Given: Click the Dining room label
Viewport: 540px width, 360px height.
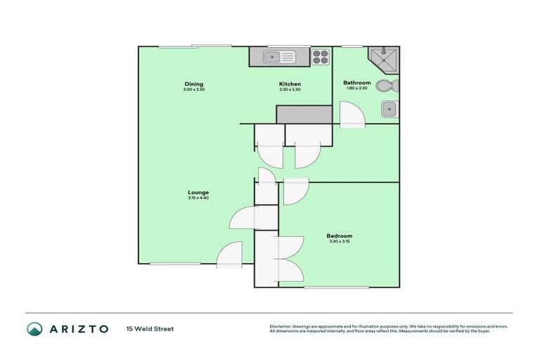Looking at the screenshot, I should click(x=193, y=84).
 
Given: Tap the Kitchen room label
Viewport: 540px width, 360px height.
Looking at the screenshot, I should click(x=290, y=84).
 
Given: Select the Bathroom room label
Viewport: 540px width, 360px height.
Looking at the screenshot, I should click(x=356, y=82).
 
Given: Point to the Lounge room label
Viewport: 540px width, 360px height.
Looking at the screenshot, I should click(x=198, y=193).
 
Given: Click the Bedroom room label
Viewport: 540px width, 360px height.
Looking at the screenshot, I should click(x=339, y=236).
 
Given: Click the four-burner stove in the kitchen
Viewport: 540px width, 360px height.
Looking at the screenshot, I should click(x=320, y=57).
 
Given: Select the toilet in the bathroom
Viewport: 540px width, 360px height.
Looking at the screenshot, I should click(x=386, y=86).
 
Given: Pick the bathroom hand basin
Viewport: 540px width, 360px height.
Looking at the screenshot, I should click(x=390, y=109).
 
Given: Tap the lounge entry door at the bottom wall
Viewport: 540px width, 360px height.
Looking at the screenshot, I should click(x=230, y=256).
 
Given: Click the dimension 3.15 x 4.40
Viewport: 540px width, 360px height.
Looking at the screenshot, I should click(x=198, y=198).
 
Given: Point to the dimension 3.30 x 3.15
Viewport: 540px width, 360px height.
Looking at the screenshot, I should click(x=339, y=241).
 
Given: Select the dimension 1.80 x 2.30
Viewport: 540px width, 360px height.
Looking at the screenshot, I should click(x=356, y=89).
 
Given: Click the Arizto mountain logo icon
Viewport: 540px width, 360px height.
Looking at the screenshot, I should click(x=34, y=328).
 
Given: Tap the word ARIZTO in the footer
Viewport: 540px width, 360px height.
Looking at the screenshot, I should click(x=78, y=328).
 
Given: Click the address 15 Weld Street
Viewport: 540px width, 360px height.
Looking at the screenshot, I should click(x=150, y=328).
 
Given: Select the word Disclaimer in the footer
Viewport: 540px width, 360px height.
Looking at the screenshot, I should click(x=282, y=326).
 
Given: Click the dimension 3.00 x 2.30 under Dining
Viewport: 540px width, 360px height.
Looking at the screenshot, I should click(x=193, y=89).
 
